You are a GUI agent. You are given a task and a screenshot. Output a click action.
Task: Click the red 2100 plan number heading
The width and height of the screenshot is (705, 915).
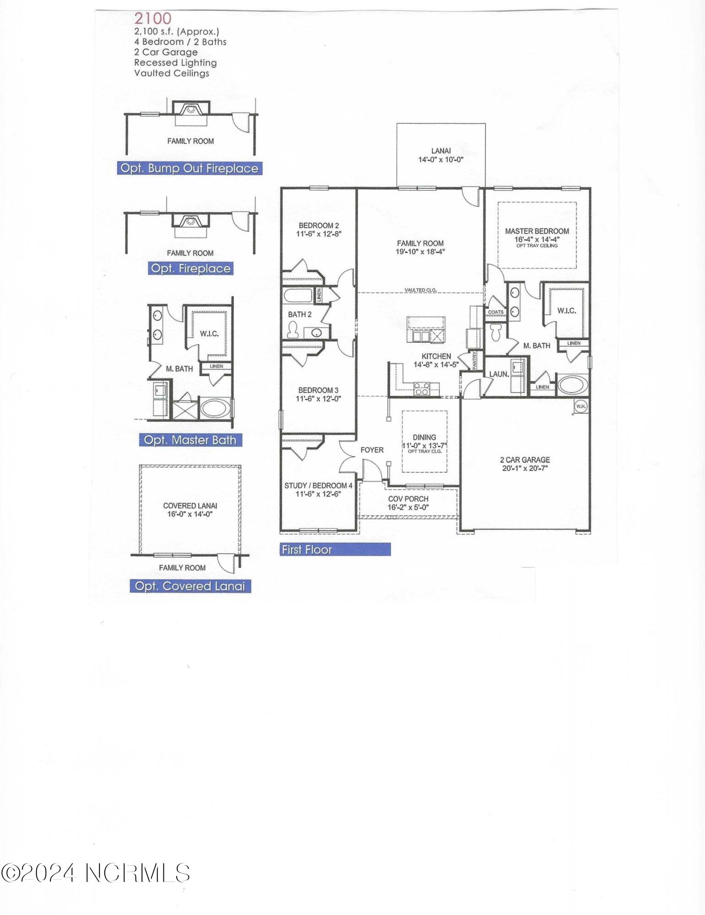click(x=152, y=18)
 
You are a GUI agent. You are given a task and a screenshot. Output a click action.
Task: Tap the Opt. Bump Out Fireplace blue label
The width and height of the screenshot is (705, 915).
click(x=189, y=168)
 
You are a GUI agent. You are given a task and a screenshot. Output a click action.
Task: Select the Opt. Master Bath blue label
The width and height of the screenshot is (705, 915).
click(x=190, y=440)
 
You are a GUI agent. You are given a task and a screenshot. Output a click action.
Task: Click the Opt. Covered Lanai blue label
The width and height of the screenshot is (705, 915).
click(x=190, y=586)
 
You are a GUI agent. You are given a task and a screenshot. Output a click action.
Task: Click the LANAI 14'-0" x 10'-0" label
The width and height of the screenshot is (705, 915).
click(x=441, y=155)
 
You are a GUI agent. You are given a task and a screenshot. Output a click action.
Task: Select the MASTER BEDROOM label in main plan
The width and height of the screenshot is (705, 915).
click(x=537, y=231)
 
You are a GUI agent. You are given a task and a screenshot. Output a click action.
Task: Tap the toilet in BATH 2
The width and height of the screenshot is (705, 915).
click(x=292, y=330)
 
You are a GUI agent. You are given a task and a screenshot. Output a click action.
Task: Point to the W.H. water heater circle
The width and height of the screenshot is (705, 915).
click(x=580, y=406)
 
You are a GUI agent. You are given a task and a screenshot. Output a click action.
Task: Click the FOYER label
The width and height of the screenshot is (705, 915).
click(x=372, y=450)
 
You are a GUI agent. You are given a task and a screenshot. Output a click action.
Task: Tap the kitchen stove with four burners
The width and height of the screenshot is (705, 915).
click(x=422, y=388)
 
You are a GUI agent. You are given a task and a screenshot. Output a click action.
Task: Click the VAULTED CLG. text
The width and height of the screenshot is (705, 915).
click(x=420, y=290)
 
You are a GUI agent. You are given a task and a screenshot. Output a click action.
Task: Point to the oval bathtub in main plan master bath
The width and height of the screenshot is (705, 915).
click(x=572, y=385)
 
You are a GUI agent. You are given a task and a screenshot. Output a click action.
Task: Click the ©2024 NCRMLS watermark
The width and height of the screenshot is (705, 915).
click(x=95, y=873)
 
